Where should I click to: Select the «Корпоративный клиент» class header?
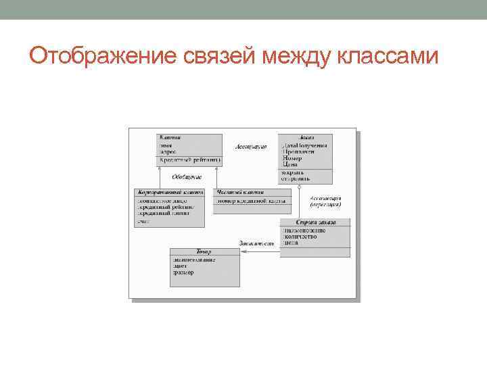(x=170, y=193)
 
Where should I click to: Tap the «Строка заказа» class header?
(x=315, y=222)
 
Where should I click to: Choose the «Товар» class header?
(x=204, y=251)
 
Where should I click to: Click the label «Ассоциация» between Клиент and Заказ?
(x=251, y=147)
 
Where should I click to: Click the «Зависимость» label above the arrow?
(x=256, y=243)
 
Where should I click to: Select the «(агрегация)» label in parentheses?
(x=325, y=205)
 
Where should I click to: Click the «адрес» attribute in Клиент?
(x=168, y=153)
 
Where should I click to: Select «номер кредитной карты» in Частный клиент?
(x=251, y=201)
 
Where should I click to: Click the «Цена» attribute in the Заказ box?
(x=290, y=164)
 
